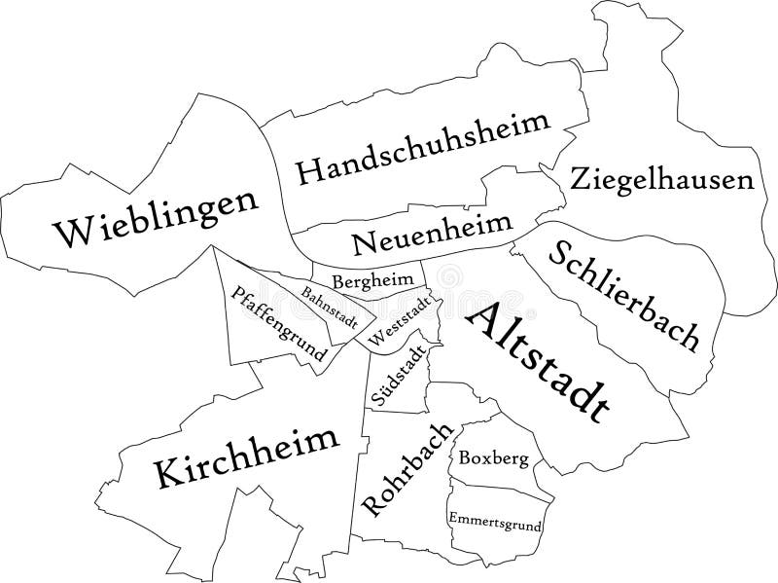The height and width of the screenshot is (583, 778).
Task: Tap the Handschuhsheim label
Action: (x=423, y=149)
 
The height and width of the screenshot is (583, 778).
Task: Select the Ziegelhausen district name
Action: (x=662, y=180)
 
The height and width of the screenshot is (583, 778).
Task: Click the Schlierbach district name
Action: (x=623, y=295)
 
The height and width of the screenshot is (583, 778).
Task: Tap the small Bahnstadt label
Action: (x=330, y=307)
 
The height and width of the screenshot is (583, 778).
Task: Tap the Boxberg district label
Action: (x=495, y=457)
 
